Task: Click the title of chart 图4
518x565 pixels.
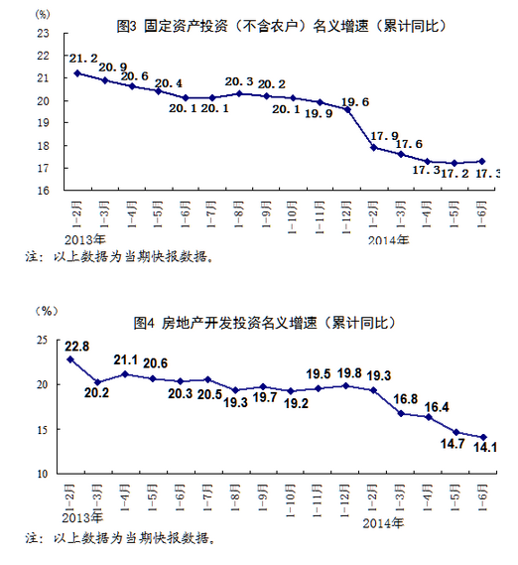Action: (264, 323)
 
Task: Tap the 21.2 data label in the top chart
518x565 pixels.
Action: (83, 60)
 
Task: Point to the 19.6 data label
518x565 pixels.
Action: (355, 101)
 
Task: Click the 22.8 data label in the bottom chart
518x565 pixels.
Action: (75, 347)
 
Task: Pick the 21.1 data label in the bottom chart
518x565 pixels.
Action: (126, 360)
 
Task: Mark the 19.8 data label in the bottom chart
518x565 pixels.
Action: (348, 373)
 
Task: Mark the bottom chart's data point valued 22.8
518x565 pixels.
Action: (70, 359)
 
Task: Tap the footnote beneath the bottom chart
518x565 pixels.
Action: (119, 540)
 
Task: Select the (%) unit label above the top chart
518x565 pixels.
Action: (41, 14)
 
